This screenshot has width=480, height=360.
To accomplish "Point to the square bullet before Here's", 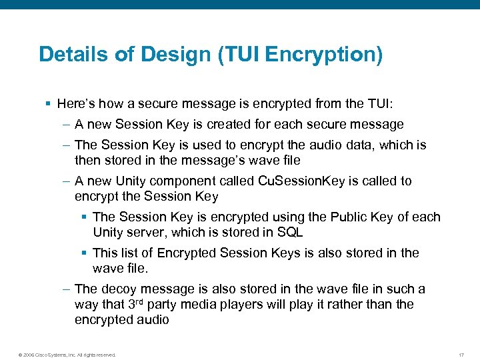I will tap(48, 104).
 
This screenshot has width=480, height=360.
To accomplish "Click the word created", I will tap(229, 125).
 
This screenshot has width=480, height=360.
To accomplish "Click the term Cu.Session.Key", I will tap(311, 181).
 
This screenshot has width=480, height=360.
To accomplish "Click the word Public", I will tap(325, 217).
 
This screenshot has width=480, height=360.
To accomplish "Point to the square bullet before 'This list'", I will tap(84, 253).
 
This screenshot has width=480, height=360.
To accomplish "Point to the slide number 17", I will tap(461, 355).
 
